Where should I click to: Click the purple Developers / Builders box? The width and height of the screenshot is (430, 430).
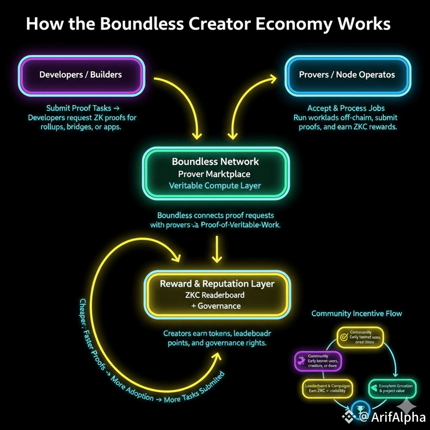click(x=80, y=75)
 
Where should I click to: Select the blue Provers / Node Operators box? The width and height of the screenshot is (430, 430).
click(x=347, y=75)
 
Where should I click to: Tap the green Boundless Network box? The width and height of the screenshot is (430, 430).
click(x=215, y=173)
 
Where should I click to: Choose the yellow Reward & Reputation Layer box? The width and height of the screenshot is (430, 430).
click(x=217, y=294)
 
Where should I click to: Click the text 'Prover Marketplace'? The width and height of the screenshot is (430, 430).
click(x=215, y=173)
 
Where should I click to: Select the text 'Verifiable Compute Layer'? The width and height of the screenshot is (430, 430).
click(x=215, y=185)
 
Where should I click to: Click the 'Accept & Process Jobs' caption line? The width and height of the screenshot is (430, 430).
click(x=345, y=108)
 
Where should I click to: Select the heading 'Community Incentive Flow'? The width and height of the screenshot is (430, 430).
click(x=356, y=314)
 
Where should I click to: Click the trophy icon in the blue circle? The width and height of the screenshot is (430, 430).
click(x=359, y=409)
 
